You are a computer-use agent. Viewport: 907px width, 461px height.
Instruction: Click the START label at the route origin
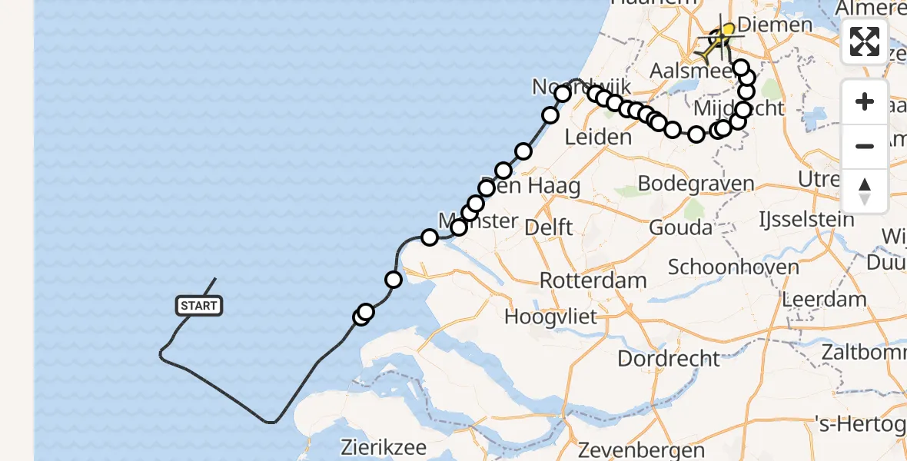(x=199, y=306)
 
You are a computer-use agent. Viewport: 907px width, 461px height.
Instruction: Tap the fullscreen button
(x=865, y=41)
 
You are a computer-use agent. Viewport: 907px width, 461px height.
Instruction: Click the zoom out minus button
(x=865, y=146)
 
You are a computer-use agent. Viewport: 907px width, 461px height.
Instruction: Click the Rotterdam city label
(x=593, y=280)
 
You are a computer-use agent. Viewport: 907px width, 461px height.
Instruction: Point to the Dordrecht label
(x=669, y=358)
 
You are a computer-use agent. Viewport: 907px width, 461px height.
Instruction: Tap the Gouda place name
(x=680, y=227)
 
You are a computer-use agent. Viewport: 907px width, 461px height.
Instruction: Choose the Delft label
(x=548, y=227)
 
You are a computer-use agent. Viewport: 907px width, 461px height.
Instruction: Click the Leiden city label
(x=597, y=138)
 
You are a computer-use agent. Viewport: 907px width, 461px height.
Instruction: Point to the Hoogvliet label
(x=550, y=317)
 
